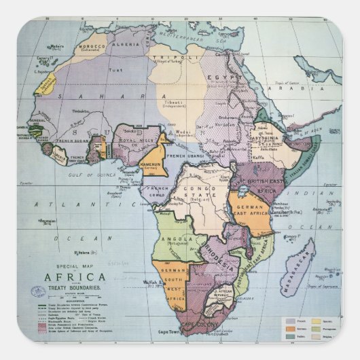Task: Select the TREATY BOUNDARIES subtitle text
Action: [x=75, y=287]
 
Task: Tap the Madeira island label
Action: [x=57, y=47]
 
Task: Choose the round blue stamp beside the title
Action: [x=37, y=292]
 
